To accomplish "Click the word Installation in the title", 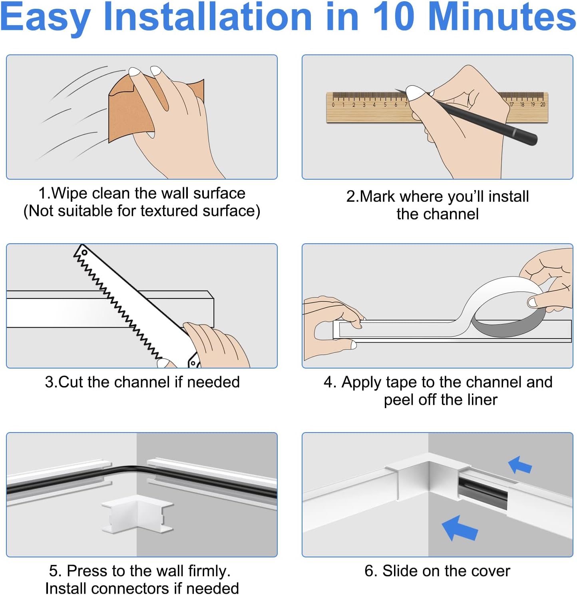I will click(x=207, y=17).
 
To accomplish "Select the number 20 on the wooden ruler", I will click(x=542, y=104).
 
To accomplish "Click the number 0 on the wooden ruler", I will click(x=333, y=105).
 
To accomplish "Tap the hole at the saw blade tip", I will click(x=84, y=252).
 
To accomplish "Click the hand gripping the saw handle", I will click(x=216, y=344).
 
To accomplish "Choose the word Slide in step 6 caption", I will click(x=400, y=571).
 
